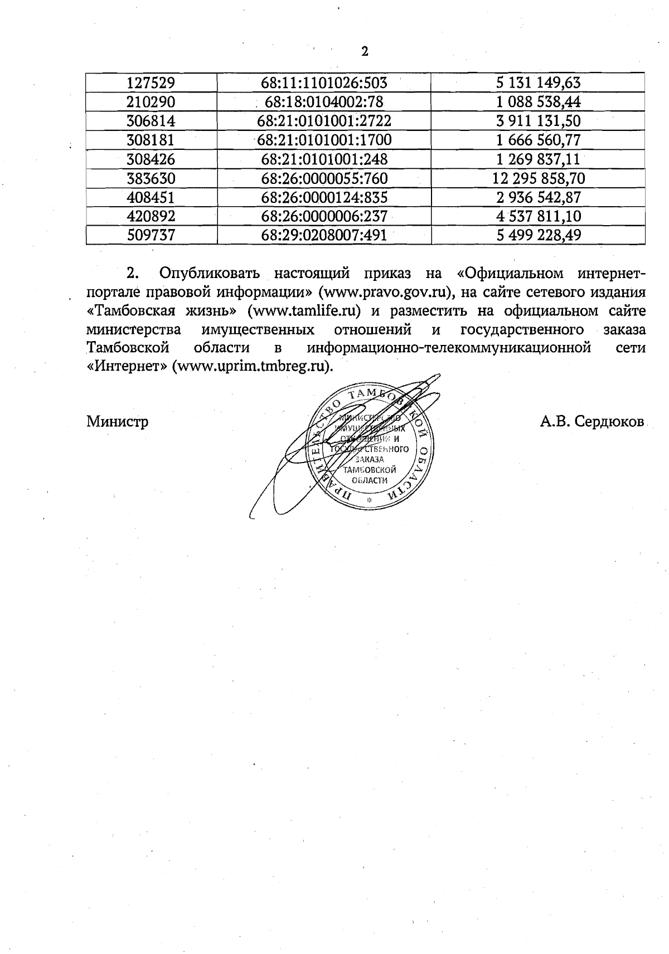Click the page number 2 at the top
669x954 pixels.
pos(365,52)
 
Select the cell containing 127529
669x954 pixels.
pos(151,83)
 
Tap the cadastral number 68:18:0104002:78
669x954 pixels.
pos(324,102)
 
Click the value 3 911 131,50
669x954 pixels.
pos(538,121)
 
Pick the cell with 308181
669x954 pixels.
pos(151,140)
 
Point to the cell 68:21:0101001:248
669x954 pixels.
pos(324,159)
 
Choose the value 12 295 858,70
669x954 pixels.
pos(538,178)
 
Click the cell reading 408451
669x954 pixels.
pos(151,197)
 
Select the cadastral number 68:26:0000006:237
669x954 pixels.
pos(324,216)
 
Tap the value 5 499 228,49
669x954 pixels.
pos(538,235)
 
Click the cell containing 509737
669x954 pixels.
pos(151,235)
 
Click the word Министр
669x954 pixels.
pos(118,421)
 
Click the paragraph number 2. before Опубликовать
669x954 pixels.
pos(132,274)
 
